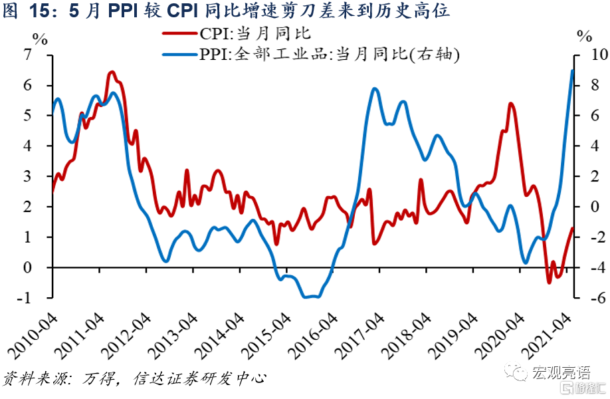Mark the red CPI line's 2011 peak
pos(112,72)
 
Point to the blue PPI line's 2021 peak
pos(573,70)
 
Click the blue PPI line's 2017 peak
pos(375,88)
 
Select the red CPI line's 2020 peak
pos(510,104)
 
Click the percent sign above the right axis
pos(584,35)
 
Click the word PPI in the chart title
pos(123,11)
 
